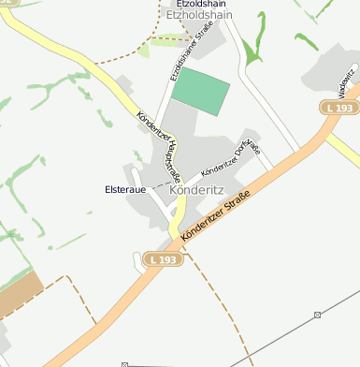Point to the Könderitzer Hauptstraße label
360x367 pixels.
coord(158,149)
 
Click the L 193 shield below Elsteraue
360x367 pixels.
coord(162,257)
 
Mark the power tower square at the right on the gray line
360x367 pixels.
coord(318,314)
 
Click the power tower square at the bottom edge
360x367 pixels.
coord(124,363)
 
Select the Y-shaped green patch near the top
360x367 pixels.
coord(252,47)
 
